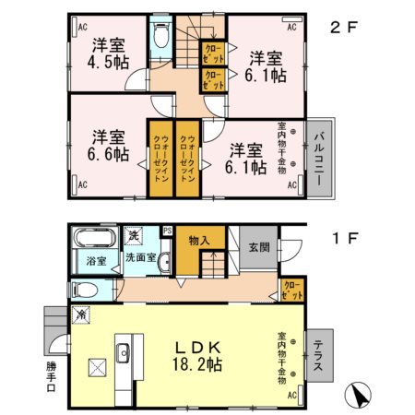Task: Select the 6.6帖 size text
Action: [106, 153]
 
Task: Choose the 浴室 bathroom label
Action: [97, 260]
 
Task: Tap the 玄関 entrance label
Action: [257, 246]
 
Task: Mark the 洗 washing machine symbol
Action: [135, 235]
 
